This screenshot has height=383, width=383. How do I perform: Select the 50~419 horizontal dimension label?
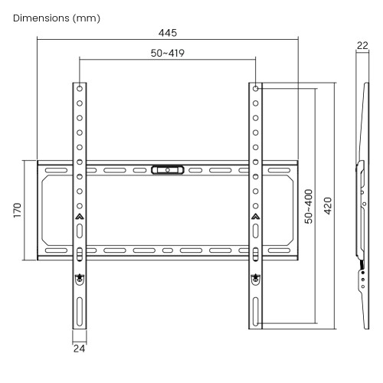pyautogui.click(x=167, y=53)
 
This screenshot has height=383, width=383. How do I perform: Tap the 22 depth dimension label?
pyautogui.click(x=363, y=47)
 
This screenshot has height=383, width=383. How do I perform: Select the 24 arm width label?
pyautogui.click(x=80, y=349)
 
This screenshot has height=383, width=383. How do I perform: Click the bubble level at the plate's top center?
pyautogui.click(x=167, y=169)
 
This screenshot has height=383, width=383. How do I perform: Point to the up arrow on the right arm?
pyautogui.click(x=255, y=217)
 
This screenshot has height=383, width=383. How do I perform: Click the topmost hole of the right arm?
pyautogui.click(x=255, y=88)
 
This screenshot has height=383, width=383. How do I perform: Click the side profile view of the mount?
pyautogui.click(x=362, y=199)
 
